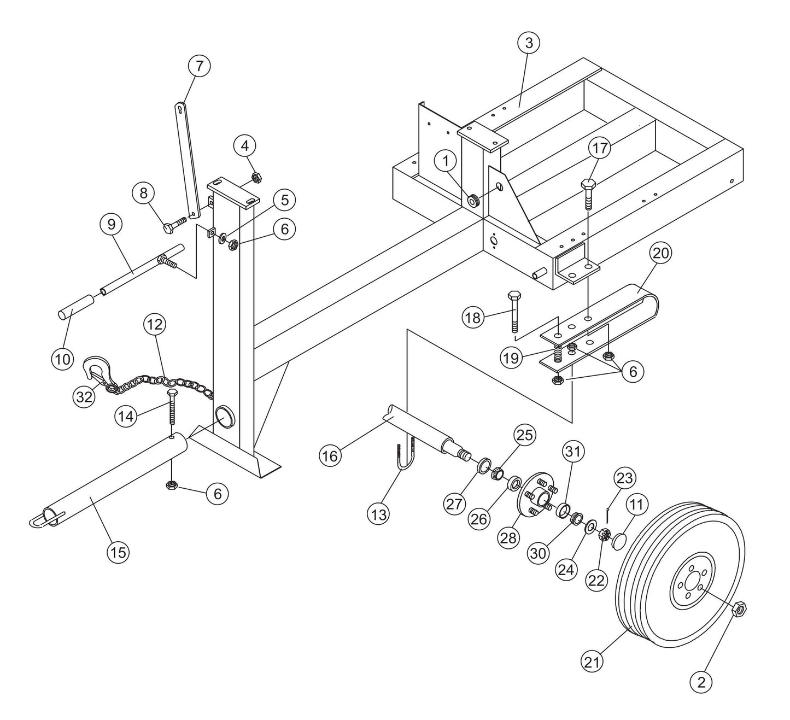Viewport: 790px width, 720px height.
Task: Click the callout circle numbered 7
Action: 198,66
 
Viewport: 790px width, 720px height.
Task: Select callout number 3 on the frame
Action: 528,43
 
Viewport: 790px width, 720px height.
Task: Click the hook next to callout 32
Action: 96,370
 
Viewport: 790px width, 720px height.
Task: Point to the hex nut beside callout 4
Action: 255,177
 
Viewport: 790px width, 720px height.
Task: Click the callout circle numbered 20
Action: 660,254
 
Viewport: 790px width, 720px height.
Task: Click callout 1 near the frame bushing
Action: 447,161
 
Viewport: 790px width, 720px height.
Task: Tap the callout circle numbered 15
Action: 118,552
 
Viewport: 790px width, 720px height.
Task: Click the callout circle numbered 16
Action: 330,455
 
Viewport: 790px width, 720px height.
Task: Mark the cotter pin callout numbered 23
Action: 624,478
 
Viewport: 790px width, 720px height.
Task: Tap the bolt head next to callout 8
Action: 168,227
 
